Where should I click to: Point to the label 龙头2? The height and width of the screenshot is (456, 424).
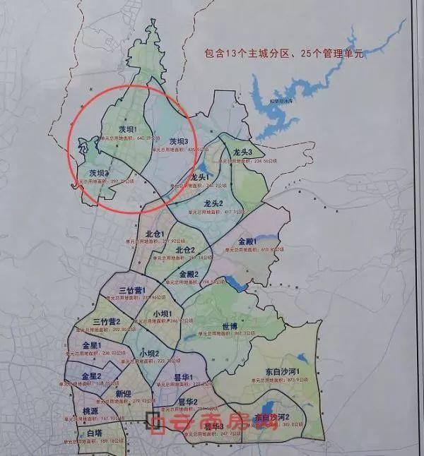[211, 203]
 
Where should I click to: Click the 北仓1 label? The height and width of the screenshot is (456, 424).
[154, 234]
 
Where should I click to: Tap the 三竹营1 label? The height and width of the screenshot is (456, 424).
[132, 290]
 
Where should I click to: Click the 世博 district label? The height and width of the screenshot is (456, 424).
[230, 326]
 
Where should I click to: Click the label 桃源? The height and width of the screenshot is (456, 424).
[90, 411]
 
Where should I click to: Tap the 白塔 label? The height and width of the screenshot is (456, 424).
[94, 433]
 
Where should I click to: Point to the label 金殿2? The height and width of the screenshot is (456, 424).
[189, 274]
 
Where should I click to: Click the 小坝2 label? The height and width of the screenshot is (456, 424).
[149, 353]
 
